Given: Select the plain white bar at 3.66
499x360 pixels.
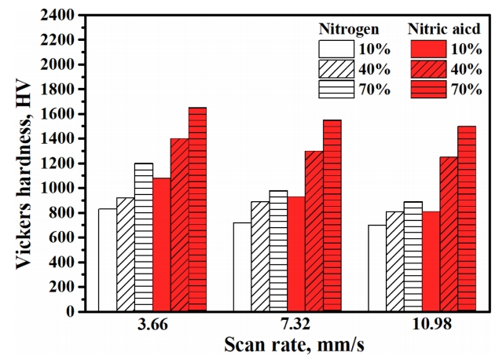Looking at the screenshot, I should click(108, 260).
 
